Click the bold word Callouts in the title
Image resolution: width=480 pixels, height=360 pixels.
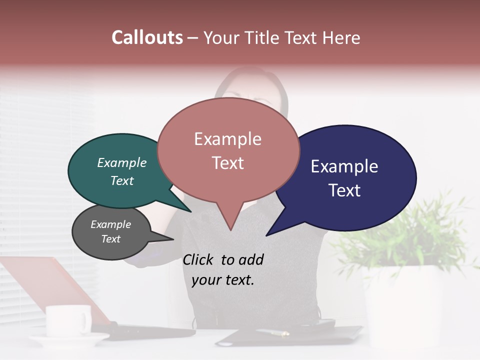[147, 37]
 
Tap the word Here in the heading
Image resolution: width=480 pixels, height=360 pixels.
[342, 37]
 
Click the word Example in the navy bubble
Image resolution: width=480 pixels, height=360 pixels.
[344, 166]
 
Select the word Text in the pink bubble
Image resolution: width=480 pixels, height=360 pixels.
[228, 163]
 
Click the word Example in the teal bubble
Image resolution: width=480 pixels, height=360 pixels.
[122, 163]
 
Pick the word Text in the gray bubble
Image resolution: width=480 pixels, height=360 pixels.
[111, 239]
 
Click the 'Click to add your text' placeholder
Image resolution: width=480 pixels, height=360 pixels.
[223, 270]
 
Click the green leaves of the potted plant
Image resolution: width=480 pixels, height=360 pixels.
[410, 230]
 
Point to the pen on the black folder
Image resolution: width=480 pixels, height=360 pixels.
[272, 332]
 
